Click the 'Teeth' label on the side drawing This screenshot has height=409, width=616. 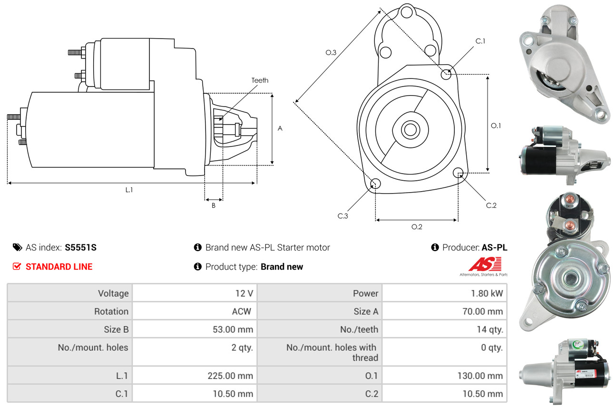(x=260, y=80)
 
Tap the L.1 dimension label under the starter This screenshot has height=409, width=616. (x=129, y=190)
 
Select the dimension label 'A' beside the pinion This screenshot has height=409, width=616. (x=280, y=128)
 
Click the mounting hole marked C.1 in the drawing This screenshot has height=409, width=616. (x=446, y=74)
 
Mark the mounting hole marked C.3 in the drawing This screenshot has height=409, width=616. (x=375, y=184)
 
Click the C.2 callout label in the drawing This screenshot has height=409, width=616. (x=491, y=205)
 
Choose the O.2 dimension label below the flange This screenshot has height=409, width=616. (x=417, y=227)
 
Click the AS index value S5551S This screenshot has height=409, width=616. (x=81, y=247)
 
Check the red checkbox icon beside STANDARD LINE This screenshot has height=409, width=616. (x=17, y=266)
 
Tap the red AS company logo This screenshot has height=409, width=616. (x=485, y=264)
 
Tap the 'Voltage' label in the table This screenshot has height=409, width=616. (x=113, y=293)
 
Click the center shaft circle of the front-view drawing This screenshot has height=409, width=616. (x=409, y=129)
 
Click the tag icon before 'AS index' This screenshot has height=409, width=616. (x=17, y=247)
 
